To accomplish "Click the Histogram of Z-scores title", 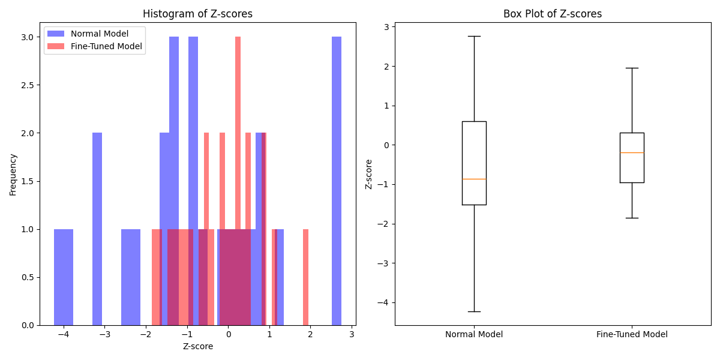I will pos(197,14).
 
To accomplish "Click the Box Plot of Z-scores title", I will pos(552,14).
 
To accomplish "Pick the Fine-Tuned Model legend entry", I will pos(106,46).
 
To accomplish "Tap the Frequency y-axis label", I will pos(13,174).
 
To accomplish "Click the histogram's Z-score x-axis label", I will pos(197,346).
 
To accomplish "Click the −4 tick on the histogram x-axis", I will pos(63,333).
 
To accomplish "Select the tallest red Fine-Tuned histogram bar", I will pos(238,180).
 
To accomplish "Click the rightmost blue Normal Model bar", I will pos(337,180).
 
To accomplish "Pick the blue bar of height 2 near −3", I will pos(97,228).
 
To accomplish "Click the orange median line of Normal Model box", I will pos(474,179).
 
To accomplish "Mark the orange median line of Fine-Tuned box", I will pos(632,152).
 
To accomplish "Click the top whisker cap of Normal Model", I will pos(474,36).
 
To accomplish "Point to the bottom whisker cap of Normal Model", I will pos(474,311).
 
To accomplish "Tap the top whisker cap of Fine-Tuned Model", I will pos(632,68).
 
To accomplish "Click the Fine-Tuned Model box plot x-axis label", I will pos(632,334).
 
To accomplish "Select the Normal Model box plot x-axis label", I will pos(474,334).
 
